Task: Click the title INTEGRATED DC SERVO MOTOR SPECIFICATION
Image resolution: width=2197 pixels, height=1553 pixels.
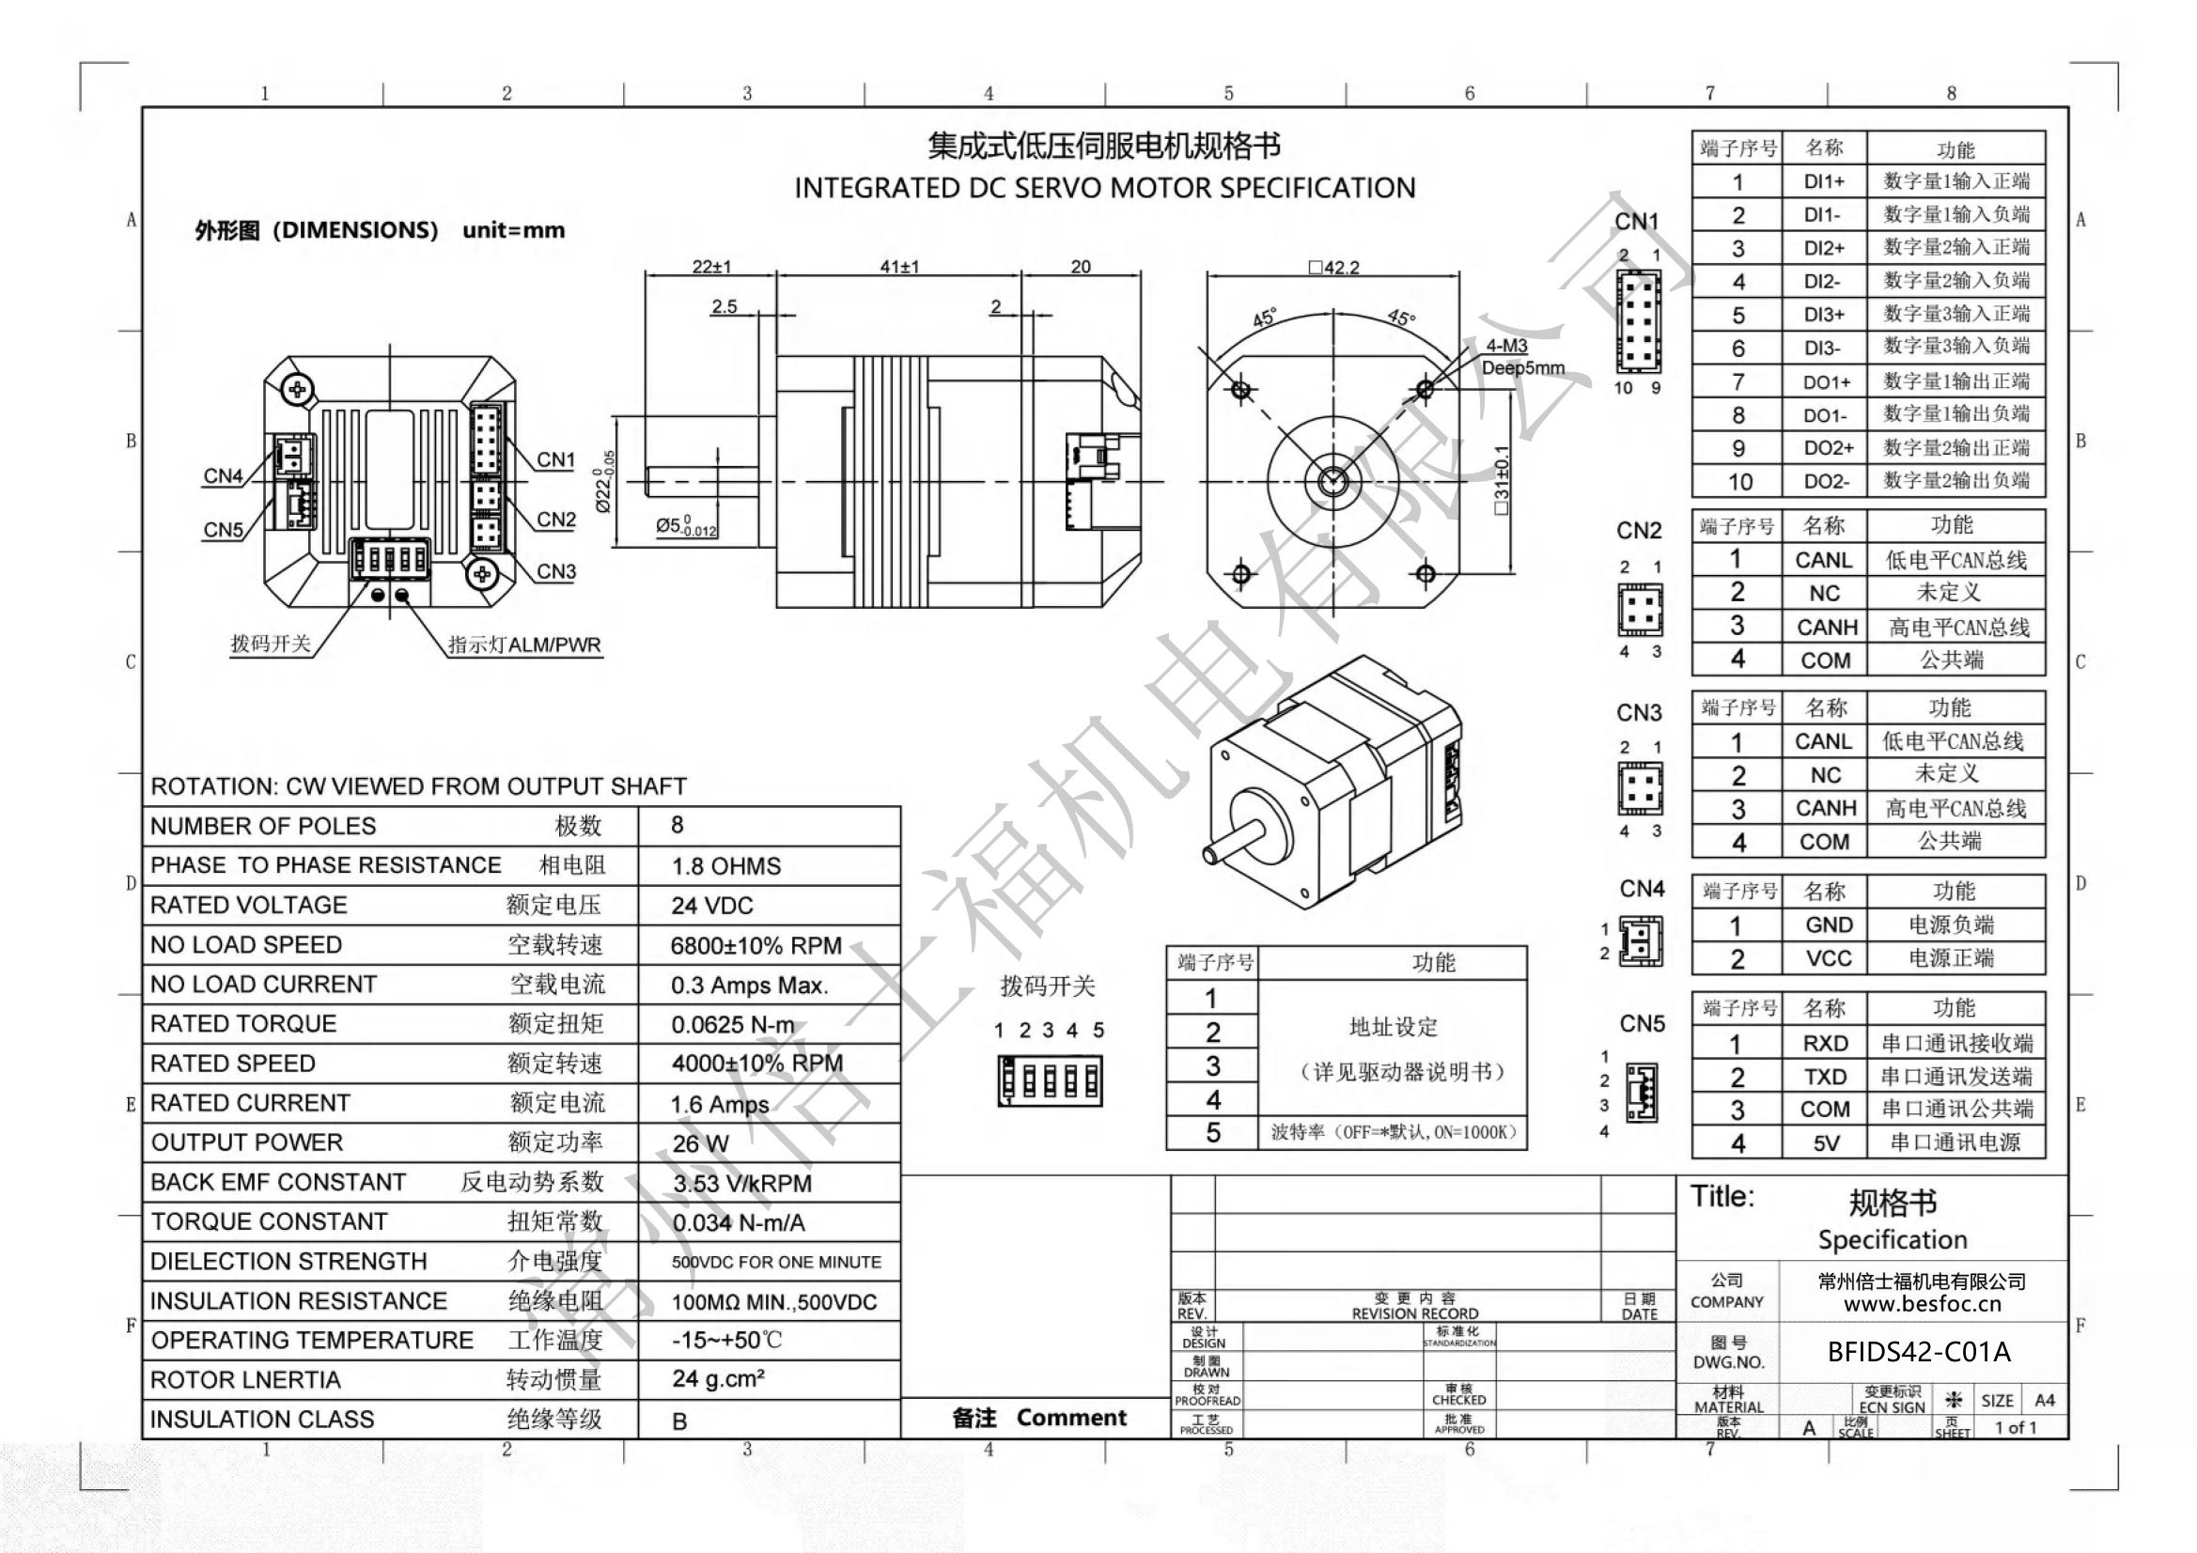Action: (x=1104, y=188)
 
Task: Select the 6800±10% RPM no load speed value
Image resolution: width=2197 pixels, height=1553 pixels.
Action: (x=756, y=945)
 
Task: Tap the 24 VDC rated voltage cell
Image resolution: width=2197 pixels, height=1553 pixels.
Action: (x=712, y=905)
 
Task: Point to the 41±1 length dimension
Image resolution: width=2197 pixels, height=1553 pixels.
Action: (x=899, y=267)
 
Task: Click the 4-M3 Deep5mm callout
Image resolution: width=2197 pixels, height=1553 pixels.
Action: (x=1522, y=357)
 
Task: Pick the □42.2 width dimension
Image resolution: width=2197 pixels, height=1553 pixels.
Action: (x=1335, y=267)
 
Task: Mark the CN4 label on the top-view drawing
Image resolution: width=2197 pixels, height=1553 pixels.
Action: (x=223, y=475)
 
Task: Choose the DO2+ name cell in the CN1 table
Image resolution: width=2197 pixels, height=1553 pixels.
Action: (x=1829, y=448)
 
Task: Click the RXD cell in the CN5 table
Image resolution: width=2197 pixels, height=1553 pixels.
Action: (x=1826, y=1043)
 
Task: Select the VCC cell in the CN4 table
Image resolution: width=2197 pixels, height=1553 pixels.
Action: (x=1829, y=958)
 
